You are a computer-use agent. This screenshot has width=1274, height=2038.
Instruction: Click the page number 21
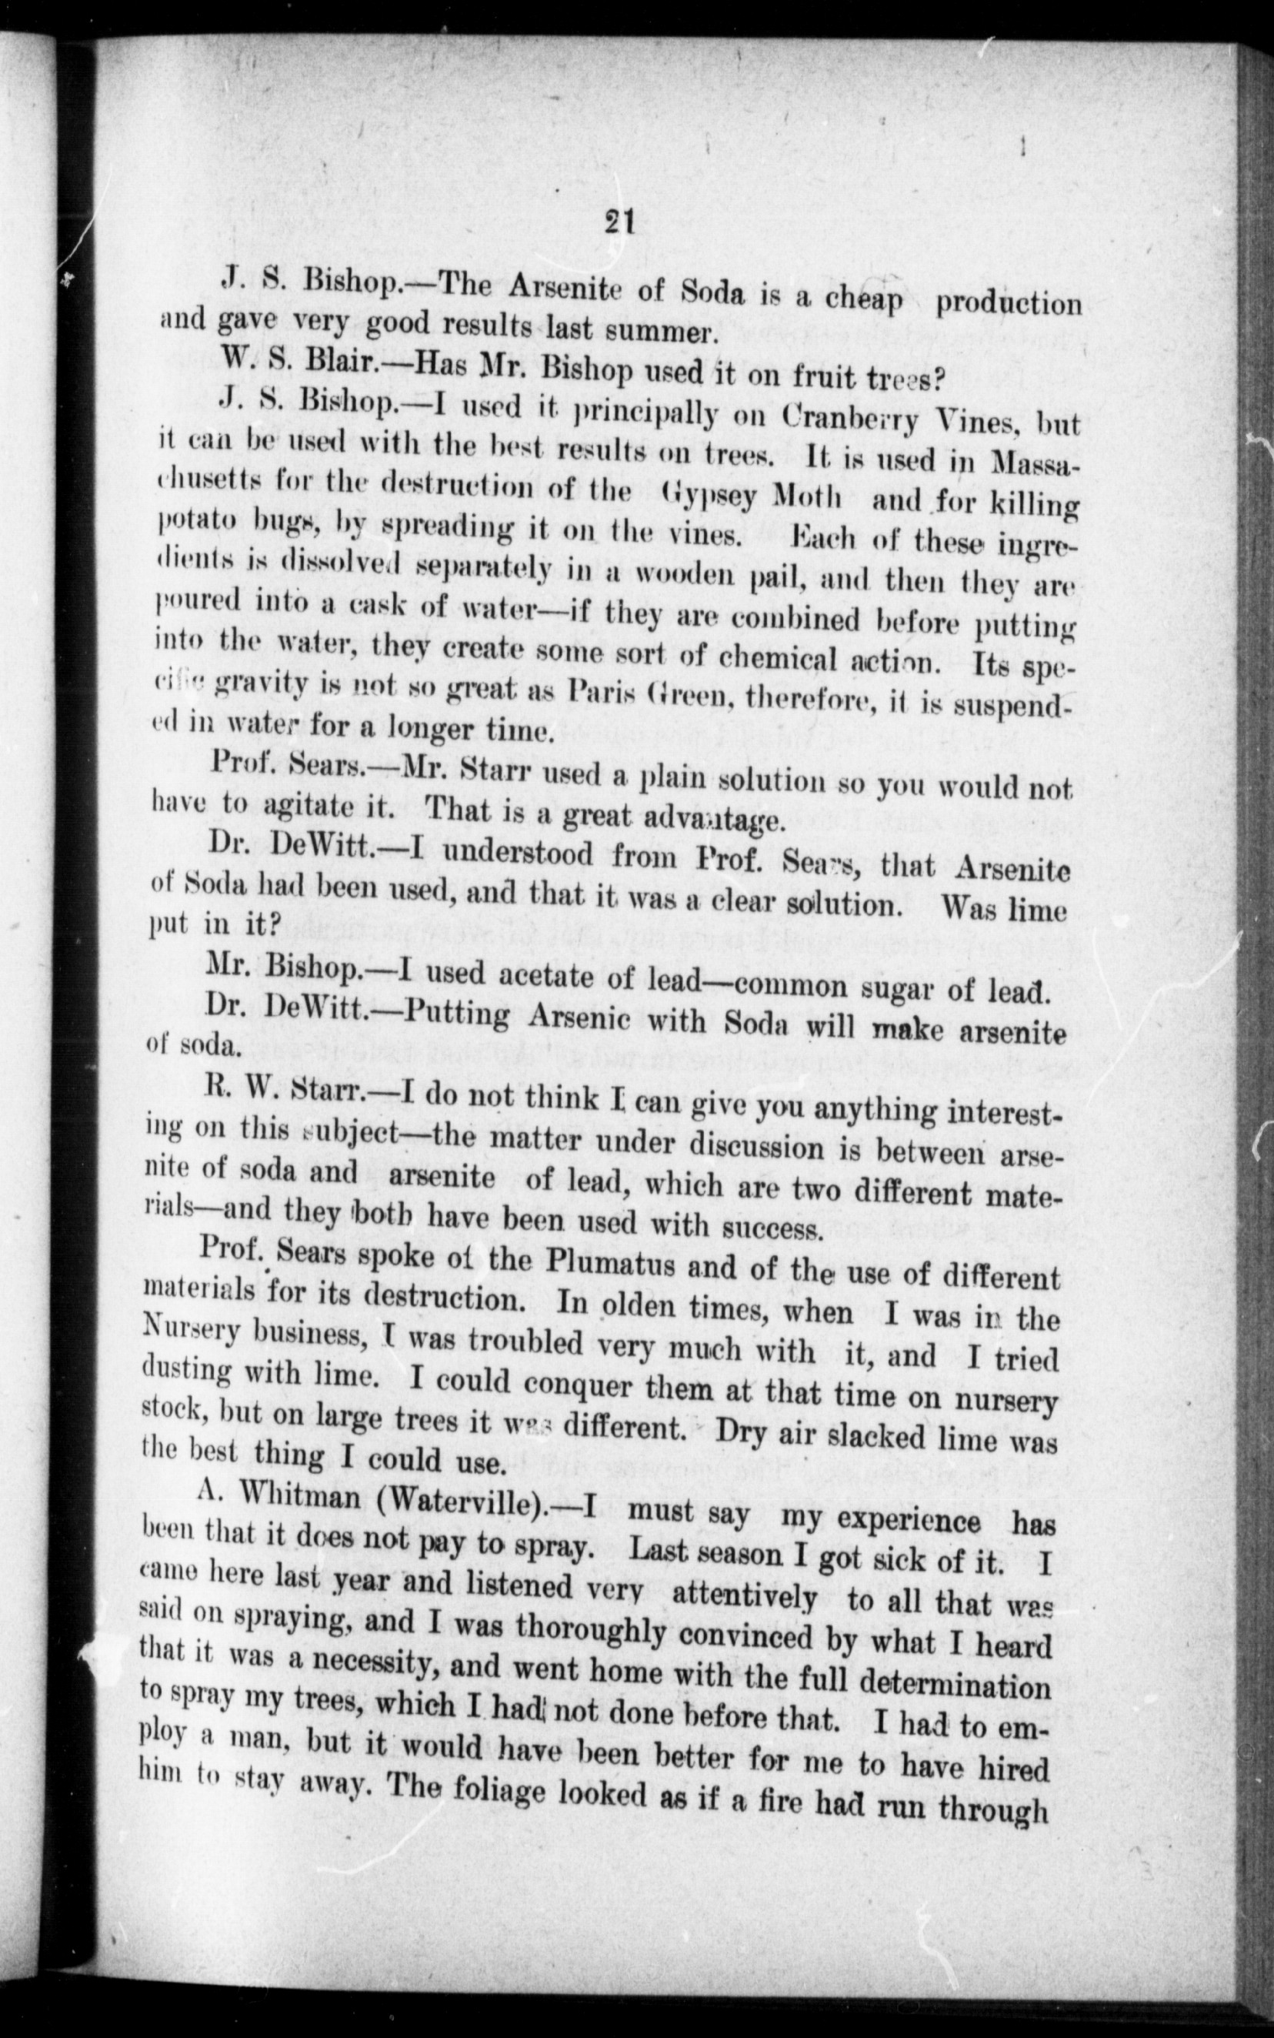(x=619, y=223)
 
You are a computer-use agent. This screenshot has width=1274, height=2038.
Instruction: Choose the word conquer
(x=576, y=1384)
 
